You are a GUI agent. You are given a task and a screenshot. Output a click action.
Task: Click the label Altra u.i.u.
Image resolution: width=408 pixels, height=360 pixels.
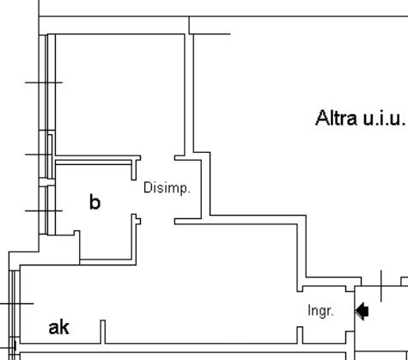pos(361,118)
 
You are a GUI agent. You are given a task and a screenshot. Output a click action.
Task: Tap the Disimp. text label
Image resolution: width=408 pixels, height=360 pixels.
pos(167,188)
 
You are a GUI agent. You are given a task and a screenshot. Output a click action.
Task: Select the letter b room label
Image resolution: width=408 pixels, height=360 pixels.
pos(95,202)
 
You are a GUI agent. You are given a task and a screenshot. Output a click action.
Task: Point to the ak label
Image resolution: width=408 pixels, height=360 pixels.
pos(59,327)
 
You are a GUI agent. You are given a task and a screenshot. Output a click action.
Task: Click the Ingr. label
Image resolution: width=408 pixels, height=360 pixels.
pos(320,311)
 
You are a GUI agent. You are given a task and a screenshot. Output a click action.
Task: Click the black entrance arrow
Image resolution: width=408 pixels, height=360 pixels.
pos(362,310)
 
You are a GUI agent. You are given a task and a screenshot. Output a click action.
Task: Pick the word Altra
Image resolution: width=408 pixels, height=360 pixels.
pos(336,118)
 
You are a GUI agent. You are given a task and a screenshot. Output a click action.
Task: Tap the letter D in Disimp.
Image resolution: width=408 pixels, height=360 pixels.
pos(147,187)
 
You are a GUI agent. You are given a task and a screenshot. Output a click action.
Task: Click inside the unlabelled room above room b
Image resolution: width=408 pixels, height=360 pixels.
pos(120,95)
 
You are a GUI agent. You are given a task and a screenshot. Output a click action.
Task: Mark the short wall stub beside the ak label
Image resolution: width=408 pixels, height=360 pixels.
pos(103,332)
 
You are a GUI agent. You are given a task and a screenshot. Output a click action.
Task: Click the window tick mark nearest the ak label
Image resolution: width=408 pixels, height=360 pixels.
pos(17,303)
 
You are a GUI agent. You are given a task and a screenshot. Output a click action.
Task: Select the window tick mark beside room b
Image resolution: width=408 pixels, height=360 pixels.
pos(44,211)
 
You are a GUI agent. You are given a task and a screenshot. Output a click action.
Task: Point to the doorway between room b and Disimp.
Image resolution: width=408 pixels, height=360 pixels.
pos(134,197)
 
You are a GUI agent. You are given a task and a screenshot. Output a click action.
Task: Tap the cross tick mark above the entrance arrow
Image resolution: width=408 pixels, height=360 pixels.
pos(381,285)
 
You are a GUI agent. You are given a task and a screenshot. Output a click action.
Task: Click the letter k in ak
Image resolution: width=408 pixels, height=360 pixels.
pos(64,327)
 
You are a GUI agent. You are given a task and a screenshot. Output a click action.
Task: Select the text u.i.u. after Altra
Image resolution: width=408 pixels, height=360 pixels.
pos(385,119)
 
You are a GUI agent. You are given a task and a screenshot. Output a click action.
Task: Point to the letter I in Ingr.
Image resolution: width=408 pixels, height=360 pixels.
pos(309,310)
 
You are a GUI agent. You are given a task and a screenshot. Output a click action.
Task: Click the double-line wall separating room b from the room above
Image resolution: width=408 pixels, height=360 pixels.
pos(94,161)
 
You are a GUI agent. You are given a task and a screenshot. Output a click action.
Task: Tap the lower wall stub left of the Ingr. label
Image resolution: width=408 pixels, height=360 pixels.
pos(300,335)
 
